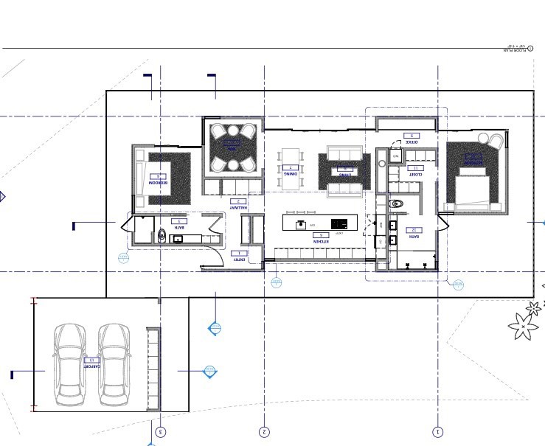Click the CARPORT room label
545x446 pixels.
[91, 365]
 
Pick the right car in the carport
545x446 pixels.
[114, 365]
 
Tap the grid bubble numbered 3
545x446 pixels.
[161, 432]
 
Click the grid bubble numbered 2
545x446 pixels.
[265, 432]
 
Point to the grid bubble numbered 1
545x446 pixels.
[438, 432]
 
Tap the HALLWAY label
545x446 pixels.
[236, 208]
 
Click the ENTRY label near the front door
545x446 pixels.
[240, 259]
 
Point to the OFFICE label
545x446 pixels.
[411, 142]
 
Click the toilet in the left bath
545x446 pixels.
[162, 236]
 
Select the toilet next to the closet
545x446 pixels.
[398, 203]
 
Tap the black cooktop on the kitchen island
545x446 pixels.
[339, 223]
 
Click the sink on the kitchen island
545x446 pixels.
[300, 223]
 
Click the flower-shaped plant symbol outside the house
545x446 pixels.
[522, 324]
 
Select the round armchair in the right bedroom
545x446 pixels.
[490, 140]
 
